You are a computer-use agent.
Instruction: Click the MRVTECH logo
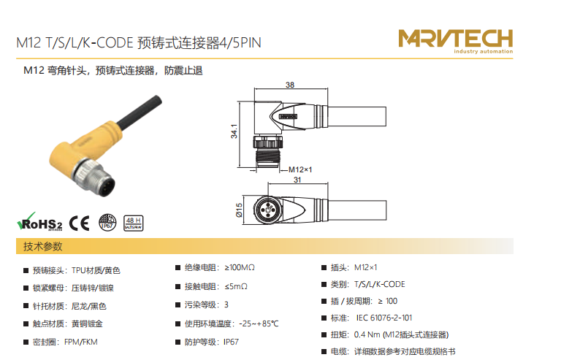tap(456, 41)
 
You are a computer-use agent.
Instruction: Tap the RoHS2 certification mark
tap(39, 222)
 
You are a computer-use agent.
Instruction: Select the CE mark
tap(79, 223)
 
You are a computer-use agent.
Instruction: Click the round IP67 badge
tap(107, 223)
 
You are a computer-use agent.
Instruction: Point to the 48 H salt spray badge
tap(134, 223)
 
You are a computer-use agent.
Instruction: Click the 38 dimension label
tap(290, 85)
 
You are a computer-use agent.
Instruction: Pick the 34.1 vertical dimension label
tap(234, 131)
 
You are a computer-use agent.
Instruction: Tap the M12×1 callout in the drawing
tap(300, 169)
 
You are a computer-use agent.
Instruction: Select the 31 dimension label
tap(297, 180)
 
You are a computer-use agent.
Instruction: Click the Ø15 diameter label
tap(239, 210)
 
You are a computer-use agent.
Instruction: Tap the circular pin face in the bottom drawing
tap(267, 210)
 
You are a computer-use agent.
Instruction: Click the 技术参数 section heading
tap(43, 246)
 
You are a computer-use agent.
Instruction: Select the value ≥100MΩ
tap(240, 267)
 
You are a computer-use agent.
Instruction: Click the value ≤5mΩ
tap(236, 286)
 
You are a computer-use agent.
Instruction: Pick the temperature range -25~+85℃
tap(259, 323)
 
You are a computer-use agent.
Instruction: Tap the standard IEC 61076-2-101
tap(384, 318)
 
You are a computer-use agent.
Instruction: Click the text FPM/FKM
tap(81, 342)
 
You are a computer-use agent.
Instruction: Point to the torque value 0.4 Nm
tap(367, 334)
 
